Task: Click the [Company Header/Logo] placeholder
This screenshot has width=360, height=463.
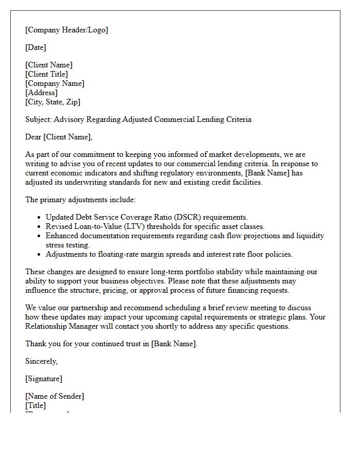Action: click(x=67, y=30)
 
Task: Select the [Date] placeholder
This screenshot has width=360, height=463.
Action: click(x=35, y=47)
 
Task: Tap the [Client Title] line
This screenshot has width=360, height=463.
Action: click(x=47, y=74)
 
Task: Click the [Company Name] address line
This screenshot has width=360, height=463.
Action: click(x=55, y=83)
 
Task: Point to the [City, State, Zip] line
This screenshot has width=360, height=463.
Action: click(x=53, y=102)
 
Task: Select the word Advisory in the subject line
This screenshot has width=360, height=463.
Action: click(x=72, y=119)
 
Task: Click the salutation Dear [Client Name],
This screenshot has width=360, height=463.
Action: click(x=59, y=137)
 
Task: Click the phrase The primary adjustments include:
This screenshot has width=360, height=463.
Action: click(x=81, y=200)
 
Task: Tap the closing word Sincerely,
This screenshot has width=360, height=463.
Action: click(x=42, y=361)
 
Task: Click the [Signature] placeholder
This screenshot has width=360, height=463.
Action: click(x=44, y=379)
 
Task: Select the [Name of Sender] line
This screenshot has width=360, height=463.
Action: click(x=55, y=396)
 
